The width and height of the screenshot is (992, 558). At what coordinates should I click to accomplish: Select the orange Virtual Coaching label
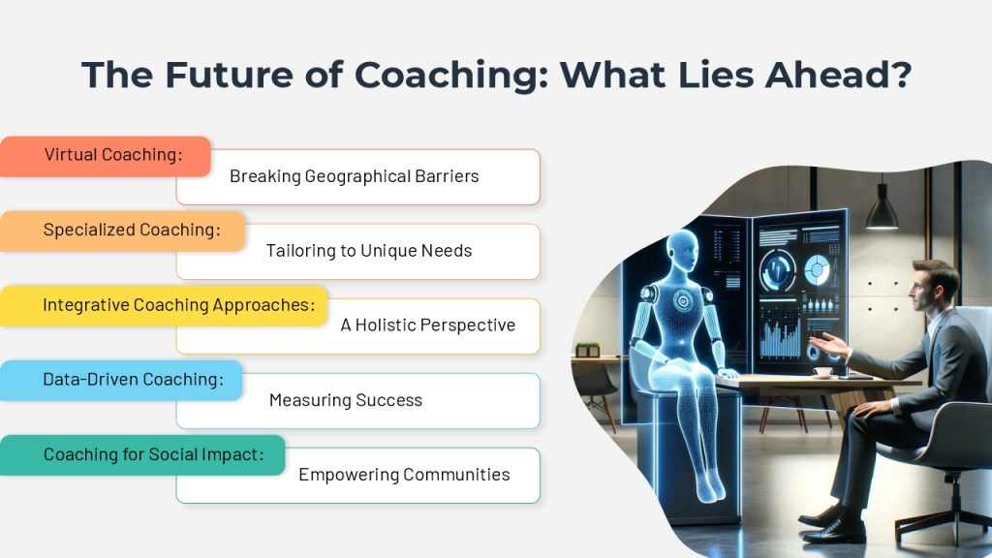click(x=105, y=156)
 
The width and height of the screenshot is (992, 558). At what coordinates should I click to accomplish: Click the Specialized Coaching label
click(x=122, y=231)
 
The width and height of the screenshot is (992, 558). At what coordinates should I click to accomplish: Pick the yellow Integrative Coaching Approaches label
click(x=163, y=305)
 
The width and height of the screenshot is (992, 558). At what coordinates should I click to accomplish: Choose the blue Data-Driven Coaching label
click(x=121, y=380)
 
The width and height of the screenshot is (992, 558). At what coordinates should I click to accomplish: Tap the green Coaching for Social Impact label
click(x=142, y=455)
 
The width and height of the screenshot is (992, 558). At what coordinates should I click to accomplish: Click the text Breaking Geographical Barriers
click(x=355, y=176)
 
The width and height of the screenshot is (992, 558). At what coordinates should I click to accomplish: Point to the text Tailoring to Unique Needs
click(x=369, y=251)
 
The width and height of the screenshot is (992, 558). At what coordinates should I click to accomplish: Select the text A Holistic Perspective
click(x=427, y=325)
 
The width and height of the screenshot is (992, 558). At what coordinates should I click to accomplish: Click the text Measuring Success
click(x=346, y=400)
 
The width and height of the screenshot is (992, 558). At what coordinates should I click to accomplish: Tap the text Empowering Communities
click(x=404, y=475)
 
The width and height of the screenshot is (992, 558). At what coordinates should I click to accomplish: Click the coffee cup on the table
click(x=823, y=373)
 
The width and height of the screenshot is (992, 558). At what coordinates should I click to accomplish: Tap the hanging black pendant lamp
click(x=882, y=208)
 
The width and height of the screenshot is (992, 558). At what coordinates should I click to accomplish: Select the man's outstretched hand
click(x=828, y=346)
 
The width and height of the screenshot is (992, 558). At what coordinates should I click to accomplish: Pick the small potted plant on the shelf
click(x=588, y=351)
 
